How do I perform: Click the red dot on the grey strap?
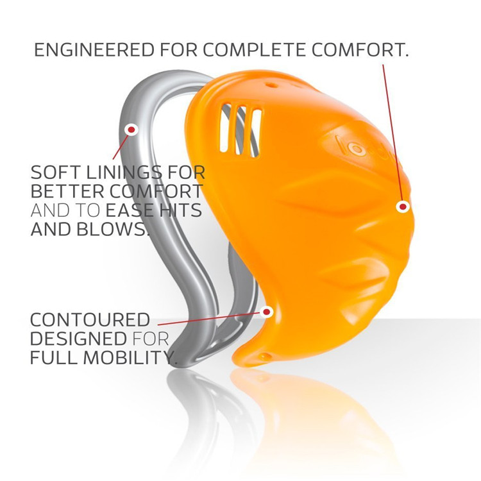tap(131, 130)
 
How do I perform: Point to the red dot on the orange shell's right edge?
tap(403, 207)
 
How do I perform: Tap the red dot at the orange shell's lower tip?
tap(267, 312)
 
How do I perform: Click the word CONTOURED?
tap(90, 320)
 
